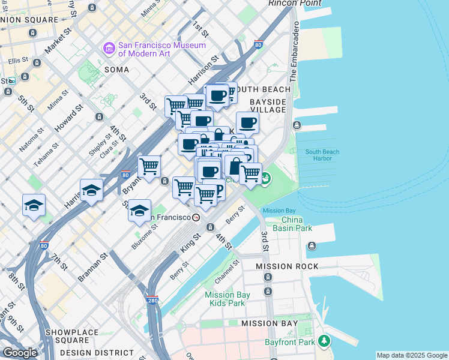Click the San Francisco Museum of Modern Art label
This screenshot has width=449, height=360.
tap(162, 49)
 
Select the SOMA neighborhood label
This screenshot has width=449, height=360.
tap(116, 70)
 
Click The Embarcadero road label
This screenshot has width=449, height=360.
tap(294, 64)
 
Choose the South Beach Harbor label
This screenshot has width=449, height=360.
tap(322, 155)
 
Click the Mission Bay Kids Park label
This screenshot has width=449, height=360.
tap(228, 299)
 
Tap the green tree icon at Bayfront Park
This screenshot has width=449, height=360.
tap(324, 341)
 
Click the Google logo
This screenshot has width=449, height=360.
tap(20, 353)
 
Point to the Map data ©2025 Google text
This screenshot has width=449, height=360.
tap(412, 355)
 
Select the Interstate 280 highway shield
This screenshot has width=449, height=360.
tap(154, 299)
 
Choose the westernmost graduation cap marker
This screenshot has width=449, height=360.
tap(34, 205)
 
